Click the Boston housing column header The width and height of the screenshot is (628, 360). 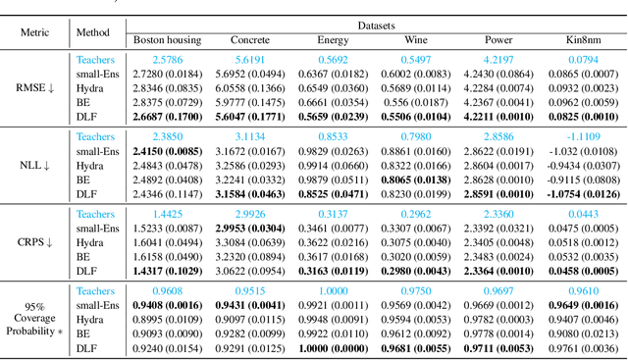click(x=169, y=40)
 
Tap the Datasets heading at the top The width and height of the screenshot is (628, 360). click(x=376, y=22)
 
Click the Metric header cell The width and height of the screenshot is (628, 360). click(x=35, y=31)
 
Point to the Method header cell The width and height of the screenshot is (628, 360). click(x=95, y=31)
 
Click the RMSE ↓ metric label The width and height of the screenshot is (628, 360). click(x=35, y=87)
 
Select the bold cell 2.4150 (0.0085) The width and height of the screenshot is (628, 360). click(x=169, y=151)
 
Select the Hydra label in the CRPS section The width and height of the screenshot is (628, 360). click(x=95, y=241)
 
